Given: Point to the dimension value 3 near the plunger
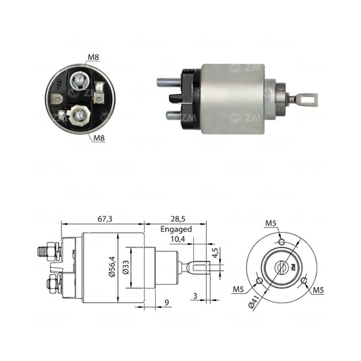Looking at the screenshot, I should (x=195, y=298).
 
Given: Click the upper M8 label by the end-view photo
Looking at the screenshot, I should (x=94, y=58).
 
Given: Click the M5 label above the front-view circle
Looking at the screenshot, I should (x=271, y=224).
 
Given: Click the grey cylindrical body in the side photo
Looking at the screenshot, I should (x=236, y=99).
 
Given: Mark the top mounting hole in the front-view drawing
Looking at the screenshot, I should (x=281, y=242).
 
